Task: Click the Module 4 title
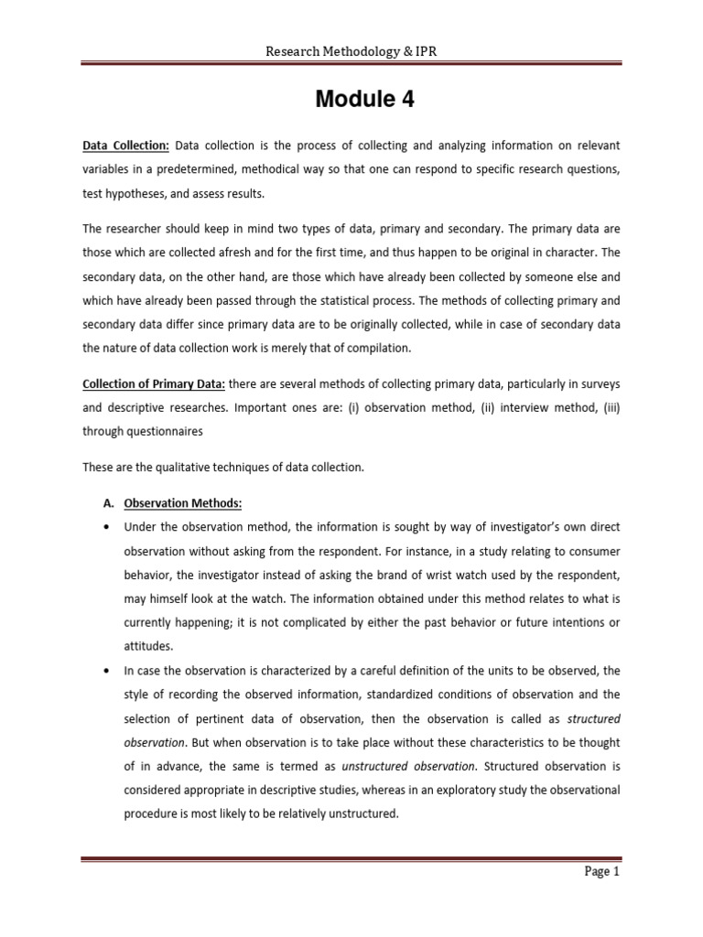[364, 100]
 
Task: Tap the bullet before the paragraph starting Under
[108, 527]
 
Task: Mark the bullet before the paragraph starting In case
[108, 670]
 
